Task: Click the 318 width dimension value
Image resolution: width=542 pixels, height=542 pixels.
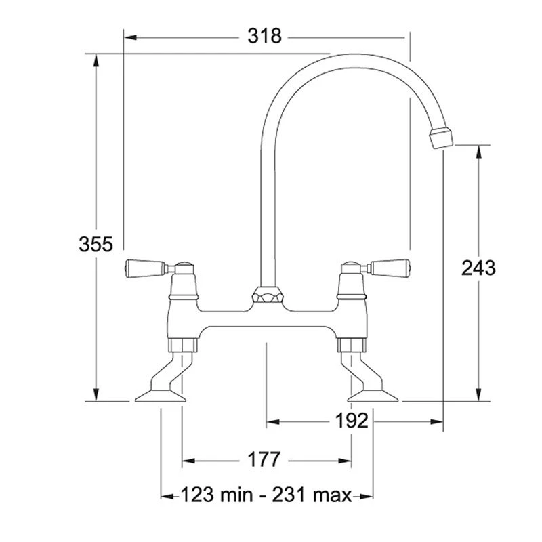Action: point(265,36)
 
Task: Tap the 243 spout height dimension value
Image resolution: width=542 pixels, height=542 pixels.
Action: point(478,268)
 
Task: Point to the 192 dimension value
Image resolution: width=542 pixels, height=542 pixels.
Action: point(352,421)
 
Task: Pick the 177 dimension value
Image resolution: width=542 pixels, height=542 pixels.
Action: point(264,461)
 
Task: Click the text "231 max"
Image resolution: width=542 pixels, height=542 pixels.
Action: point(312,495)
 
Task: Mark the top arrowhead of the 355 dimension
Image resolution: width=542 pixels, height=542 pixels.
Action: point(96,58)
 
